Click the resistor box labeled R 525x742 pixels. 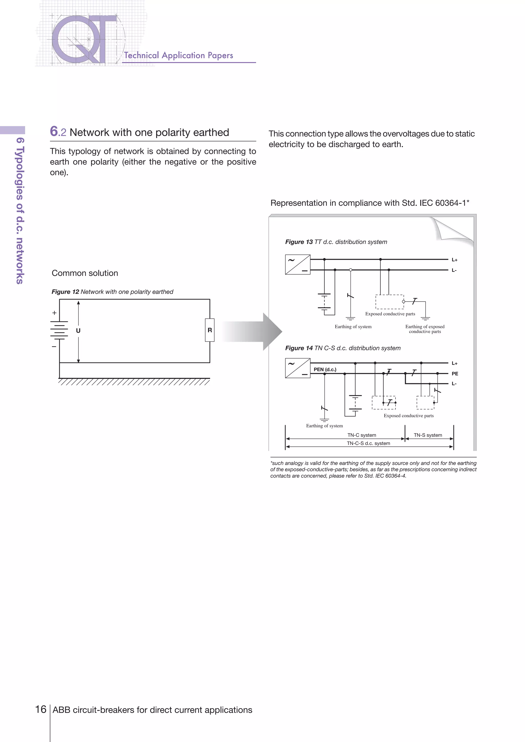coord(209,330)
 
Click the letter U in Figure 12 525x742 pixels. coord(78,331)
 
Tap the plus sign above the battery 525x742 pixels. coord(54,313)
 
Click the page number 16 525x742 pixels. coord(41,709)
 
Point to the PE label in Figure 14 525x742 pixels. coord(455,374)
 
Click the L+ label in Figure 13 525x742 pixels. coord(455,260)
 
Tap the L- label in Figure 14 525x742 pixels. coord(454,384)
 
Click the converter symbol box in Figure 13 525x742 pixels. coord(298,265)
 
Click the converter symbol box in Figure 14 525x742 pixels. coord(298,368)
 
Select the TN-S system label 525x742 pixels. coord(428,435)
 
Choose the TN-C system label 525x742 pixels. coord(362,435)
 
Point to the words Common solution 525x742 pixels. coord(85,273)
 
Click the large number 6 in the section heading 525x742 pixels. coord(54,131)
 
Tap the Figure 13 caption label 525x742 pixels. coord(299,242)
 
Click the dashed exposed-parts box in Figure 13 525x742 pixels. coord(390,302)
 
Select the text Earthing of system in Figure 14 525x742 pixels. coord(325,426)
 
